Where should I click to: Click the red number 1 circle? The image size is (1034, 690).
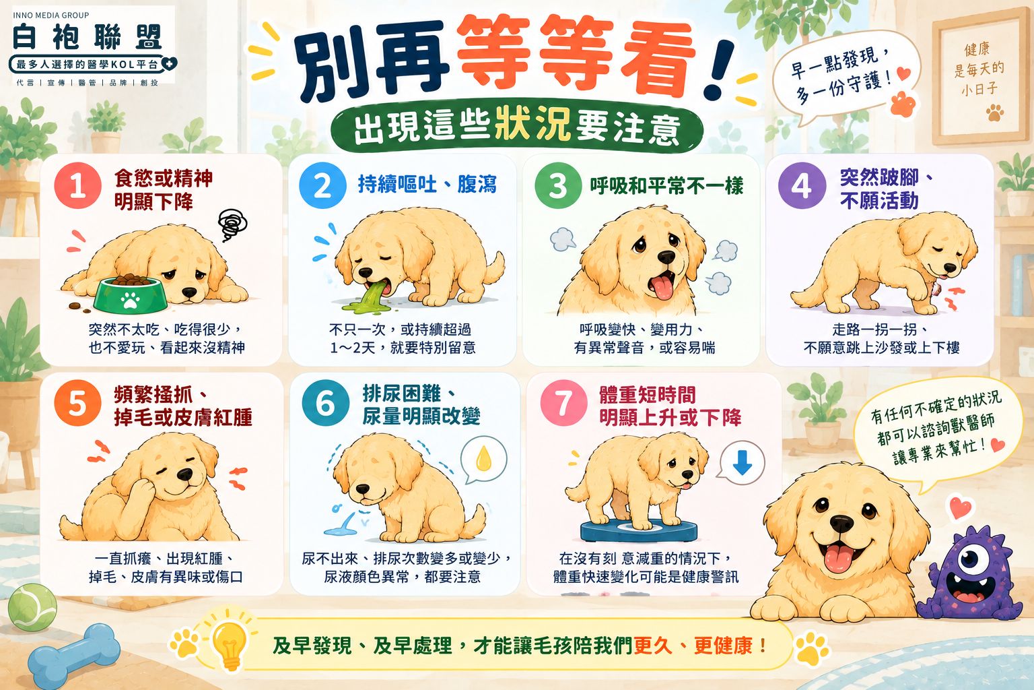click(x=77, y=185)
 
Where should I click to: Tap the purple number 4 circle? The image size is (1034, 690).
click(x=802, y=185)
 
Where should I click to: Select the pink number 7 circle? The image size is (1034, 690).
click(x=563, y=403)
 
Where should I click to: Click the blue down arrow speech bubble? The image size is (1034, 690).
click(x=742, y=463)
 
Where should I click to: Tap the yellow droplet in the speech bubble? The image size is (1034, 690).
click(x=483, y=458)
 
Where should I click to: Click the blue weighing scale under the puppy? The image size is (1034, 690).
click(x=639, y=530)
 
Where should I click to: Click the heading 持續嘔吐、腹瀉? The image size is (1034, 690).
click(x=427, y=185)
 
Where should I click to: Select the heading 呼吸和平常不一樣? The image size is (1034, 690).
click(x=666, y=186)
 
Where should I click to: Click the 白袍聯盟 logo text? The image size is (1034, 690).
click(x=88, y=37)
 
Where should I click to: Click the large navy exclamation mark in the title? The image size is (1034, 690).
click(x=718, y=69)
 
